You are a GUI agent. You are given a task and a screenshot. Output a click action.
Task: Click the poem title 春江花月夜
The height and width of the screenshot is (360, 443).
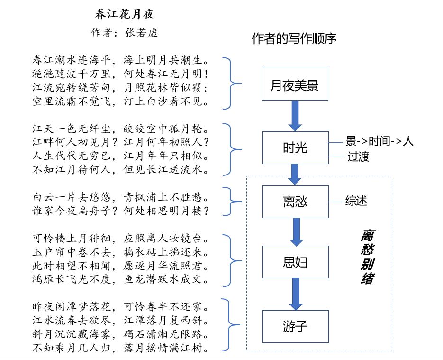[125, 14]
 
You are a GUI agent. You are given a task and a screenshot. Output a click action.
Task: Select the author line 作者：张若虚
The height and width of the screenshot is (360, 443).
[124, 33]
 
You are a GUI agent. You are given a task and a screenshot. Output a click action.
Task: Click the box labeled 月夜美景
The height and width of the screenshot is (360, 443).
[295, 84]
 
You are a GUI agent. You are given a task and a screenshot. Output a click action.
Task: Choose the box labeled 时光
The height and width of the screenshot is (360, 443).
[295, 148]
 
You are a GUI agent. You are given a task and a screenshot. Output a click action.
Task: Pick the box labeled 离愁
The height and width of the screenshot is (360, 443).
[295, 202]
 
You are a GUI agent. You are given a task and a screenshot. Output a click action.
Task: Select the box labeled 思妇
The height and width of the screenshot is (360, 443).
[295, 262]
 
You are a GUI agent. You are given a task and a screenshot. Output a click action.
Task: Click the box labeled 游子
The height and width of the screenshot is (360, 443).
[295, 326]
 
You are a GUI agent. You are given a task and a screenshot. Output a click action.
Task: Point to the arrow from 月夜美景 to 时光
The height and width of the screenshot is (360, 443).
[295, 116]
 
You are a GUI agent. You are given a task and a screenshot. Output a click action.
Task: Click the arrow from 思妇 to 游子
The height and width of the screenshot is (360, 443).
[295, 294]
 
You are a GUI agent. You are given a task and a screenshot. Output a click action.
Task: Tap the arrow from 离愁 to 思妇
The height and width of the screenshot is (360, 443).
[295, 232]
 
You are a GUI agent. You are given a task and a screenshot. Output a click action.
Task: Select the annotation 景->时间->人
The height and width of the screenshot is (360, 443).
[380, 141]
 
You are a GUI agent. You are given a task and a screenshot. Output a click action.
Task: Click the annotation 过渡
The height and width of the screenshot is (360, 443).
[358, 157]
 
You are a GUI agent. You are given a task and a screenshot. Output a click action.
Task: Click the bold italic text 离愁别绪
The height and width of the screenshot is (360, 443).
[366, 257]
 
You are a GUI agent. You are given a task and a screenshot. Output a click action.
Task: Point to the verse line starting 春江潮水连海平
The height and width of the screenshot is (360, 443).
[121, 61]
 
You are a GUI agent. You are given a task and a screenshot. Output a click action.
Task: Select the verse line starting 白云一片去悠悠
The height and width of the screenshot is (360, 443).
[121, 196]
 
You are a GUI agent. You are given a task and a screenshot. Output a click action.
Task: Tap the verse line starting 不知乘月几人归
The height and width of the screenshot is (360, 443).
[121, 349]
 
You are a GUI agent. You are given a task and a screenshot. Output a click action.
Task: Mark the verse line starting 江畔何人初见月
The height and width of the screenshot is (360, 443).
[121, 142]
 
